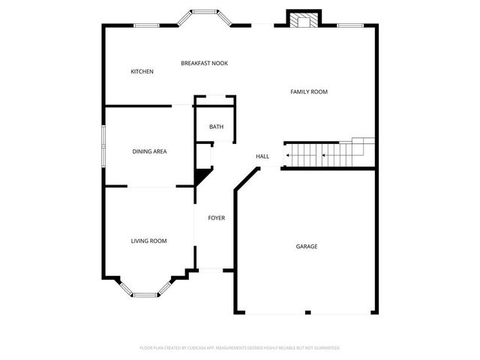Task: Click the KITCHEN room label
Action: click(142, 72)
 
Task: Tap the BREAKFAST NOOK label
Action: click(204, 64)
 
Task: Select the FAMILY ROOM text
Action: click(309, 91)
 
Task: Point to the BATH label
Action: click(216, 127)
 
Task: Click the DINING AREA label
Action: click(149, 151)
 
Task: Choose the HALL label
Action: click(262, 156)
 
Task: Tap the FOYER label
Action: click(216, 218)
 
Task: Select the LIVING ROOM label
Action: click(148, 241)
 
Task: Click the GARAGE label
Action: click(306, 246)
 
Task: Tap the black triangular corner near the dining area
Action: click(201, 177)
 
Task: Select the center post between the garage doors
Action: click(307, 312)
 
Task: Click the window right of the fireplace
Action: click(349, 26)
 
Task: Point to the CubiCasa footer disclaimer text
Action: click(240, 348)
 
